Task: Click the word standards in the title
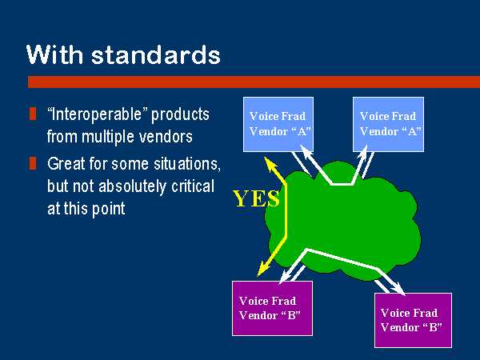[x=156, y=54]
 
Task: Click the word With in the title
[x=54, y=54]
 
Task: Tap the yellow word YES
[x=256, y=198]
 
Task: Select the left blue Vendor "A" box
[x=278, y=124]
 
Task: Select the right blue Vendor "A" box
[x=388, y=124]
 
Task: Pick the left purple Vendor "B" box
[x=273, y=308]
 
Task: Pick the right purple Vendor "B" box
[x=413, y=320]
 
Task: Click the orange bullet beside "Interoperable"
[x=33, y=114]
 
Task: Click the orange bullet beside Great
[x=33, y=163]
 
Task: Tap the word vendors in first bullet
[x=166, y=137]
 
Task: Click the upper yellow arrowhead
[x=270, y=163]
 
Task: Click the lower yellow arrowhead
[x=263, y=269]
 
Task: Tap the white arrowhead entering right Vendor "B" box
[x=398, y=289]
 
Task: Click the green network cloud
[x=342, y=221]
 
